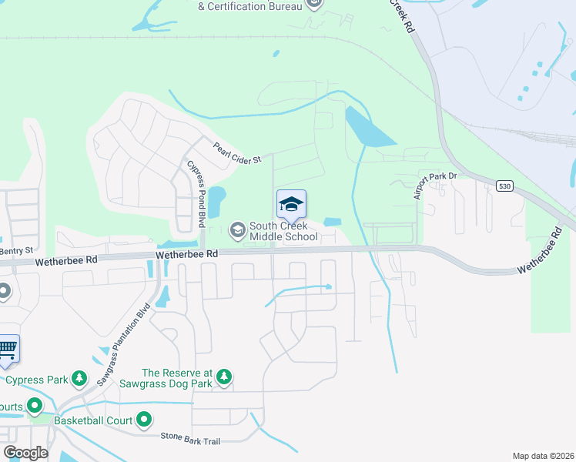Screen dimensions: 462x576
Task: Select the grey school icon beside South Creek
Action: click(x=237, y=229)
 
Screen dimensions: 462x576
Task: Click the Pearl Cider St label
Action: click(x=238, y=152)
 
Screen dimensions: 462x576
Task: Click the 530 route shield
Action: click(x=504, y=186)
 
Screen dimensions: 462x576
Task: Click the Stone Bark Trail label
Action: click(x=190, y=437)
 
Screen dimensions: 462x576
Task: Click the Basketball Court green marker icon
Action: click(x=144, y=420)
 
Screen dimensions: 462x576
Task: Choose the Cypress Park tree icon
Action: click(x=79, y=379)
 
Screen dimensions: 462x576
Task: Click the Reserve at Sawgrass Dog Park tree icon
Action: click(x=223, y=377)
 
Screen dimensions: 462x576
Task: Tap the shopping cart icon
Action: click(x=7, y=347)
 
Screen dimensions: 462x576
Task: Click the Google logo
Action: click(x=25, y=453)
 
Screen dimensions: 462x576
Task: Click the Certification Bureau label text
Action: click(x=249, y=7)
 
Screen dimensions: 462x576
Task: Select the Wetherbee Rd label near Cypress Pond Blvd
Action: click(x=186, y=253)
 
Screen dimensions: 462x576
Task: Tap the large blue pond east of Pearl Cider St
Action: click(x=368, y=129)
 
